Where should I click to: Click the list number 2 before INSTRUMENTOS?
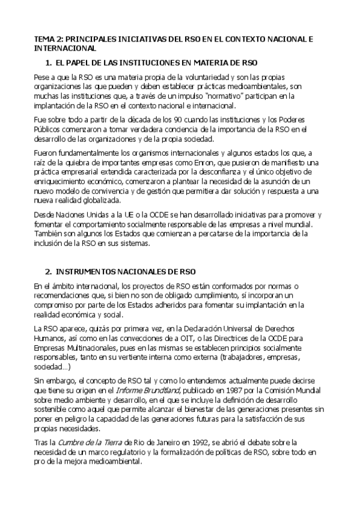48,271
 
